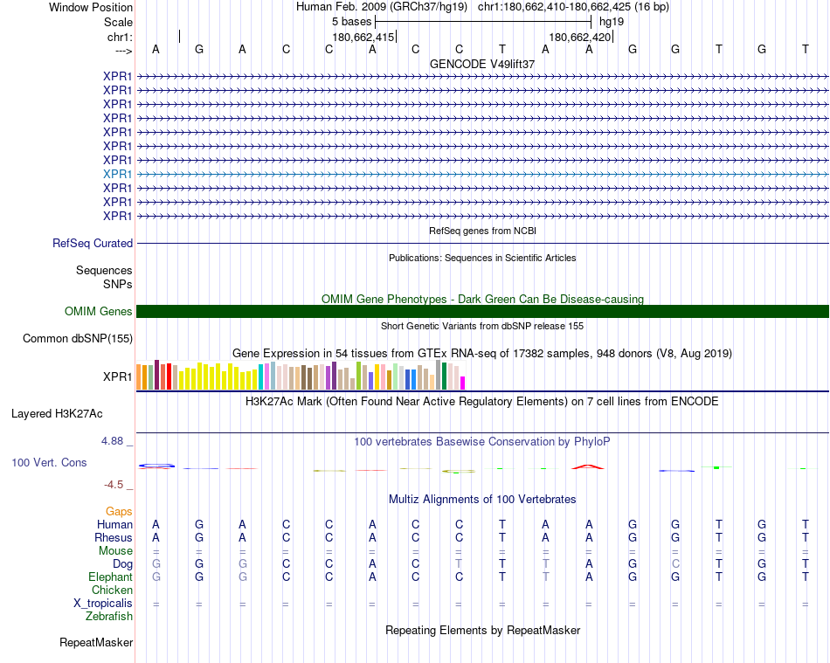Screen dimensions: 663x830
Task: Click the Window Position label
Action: click(x=91, y=7)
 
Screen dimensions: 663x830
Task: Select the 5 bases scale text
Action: click(x=351, y=21)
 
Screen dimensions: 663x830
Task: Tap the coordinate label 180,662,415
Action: click(x=363, y=37)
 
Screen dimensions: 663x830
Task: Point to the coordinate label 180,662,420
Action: click(x=579, y=37)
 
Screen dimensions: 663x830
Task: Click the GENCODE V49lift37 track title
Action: click(x=482, y=64)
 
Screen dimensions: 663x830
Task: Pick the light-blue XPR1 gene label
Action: click(x=117, y=174)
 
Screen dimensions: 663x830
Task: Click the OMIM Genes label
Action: click(x=99, y=312)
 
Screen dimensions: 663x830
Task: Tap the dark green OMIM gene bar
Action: click(x=482, y=312)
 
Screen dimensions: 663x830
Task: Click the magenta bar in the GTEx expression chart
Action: click(x=463, y=383)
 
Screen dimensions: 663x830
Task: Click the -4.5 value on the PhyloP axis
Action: click(x=114, y=485)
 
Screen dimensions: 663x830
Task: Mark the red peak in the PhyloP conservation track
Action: click(x=588, y=466)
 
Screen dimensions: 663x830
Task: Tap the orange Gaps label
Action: click(x=119, y=511)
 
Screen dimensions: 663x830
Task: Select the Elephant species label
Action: click(x=110, y=577)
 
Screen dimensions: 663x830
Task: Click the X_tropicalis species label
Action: click(x=103, y=604)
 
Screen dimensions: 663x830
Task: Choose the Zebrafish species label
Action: click(x=109, y=617)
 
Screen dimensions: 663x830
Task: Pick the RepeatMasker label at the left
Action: click(x=96, y=643)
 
